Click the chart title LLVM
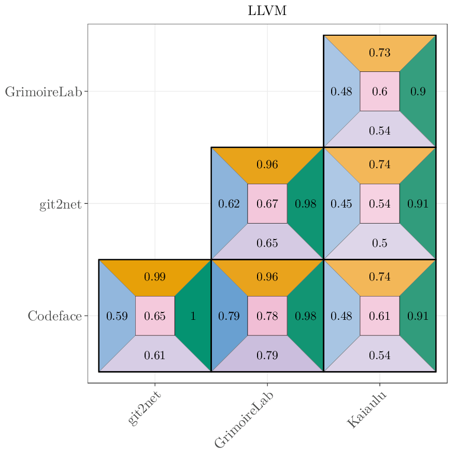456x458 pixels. point(267,11)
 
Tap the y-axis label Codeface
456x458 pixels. point(54,316)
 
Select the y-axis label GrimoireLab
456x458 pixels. point(44,92)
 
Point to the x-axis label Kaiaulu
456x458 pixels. point(366,410)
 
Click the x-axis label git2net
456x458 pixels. point(144,409)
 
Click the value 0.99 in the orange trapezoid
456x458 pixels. point(155,277)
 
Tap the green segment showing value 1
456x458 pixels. point(193,316)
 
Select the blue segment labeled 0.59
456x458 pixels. point(117,316)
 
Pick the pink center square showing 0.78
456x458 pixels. point(267,316)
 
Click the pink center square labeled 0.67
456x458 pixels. point(267,203)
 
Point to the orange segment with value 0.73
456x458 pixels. point(380,52)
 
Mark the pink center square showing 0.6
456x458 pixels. point(380,91)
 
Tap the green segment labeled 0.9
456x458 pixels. point(418,91)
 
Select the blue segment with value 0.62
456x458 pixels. point(229,203)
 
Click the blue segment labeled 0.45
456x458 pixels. point(341,203)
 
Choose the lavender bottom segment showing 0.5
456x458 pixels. point(380,243)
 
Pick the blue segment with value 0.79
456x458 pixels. point(229,316)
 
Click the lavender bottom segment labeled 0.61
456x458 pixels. point(155,355)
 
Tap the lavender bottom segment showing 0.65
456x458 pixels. point(267,243)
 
